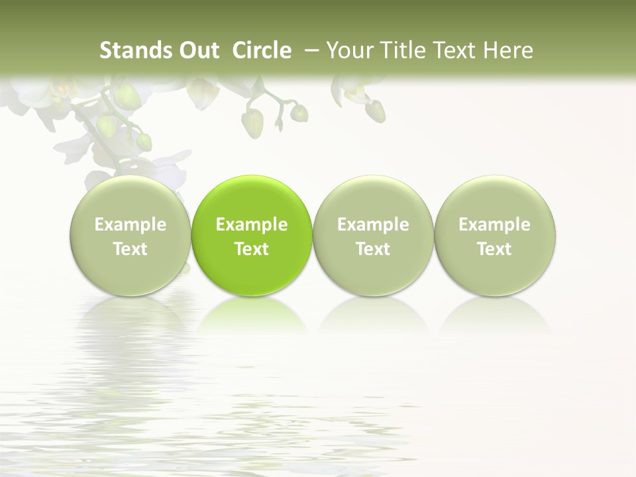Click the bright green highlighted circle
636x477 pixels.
[x=252, y=236]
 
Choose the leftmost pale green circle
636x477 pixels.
[x=131, y=236]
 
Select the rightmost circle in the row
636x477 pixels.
[x=494, y=236]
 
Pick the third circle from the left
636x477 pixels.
[x=373, y=236]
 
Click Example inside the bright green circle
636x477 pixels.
[x=252, y=225]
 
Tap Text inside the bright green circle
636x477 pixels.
[x=252, y=249]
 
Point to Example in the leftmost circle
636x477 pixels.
[x=131, y=225]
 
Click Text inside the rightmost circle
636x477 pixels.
[x=494, y=249]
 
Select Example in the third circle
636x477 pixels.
[x=373, y=225]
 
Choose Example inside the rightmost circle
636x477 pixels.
[x=494, y=225]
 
